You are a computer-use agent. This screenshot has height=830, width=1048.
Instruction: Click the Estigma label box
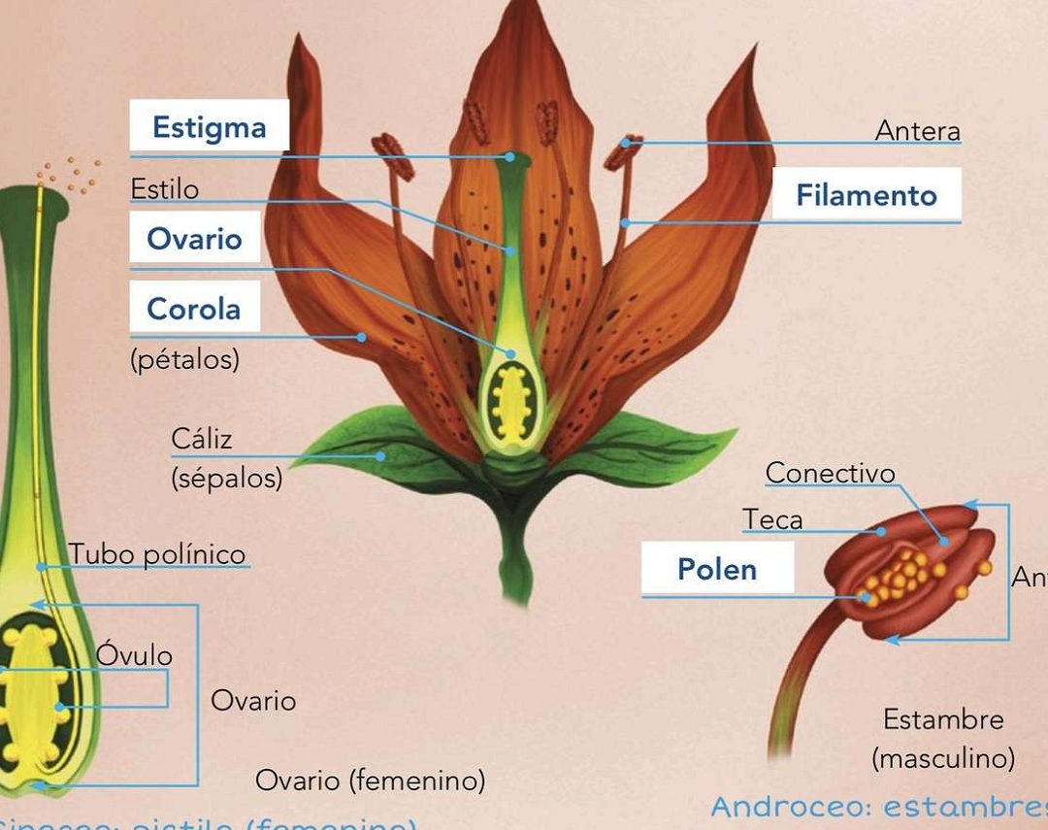click(210, 126)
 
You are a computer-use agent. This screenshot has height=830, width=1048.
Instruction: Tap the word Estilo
click(164, 188)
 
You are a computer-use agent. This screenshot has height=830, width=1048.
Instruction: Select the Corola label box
click(195, 309)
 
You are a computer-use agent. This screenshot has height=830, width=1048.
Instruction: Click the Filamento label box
click(867, 195)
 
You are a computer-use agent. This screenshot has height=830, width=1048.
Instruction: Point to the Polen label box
click(717, 569)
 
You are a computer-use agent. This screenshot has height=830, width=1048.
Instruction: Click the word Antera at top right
click(917, 130)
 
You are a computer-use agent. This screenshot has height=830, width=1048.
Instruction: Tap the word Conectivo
click(830, 473)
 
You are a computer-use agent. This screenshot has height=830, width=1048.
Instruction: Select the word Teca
click(773, 520)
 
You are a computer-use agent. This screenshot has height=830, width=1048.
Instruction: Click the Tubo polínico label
click(157, 554)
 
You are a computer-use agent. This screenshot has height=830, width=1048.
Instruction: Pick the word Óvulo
click(134, 655)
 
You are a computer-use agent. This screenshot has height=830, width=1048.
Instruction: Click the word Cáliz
click(202, 439)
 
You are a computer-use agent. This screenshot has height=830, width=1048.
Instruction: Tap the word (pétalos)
click(184, 360)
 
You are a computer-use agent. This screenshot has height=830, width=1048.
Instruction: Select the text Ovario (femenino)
click(370, 780)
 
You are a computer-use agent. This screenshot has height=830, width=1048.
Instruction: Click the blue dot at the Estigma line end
click(509, 155)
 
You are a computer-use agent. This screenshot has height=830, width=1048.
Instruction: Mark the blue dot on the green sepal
click(381, 454)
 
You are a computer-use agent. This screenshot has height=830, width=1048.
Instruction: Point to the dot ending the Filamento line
click(627, 222)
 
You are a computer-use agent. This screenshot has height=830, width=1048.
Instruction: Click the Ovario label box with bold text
click(195, 239)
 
